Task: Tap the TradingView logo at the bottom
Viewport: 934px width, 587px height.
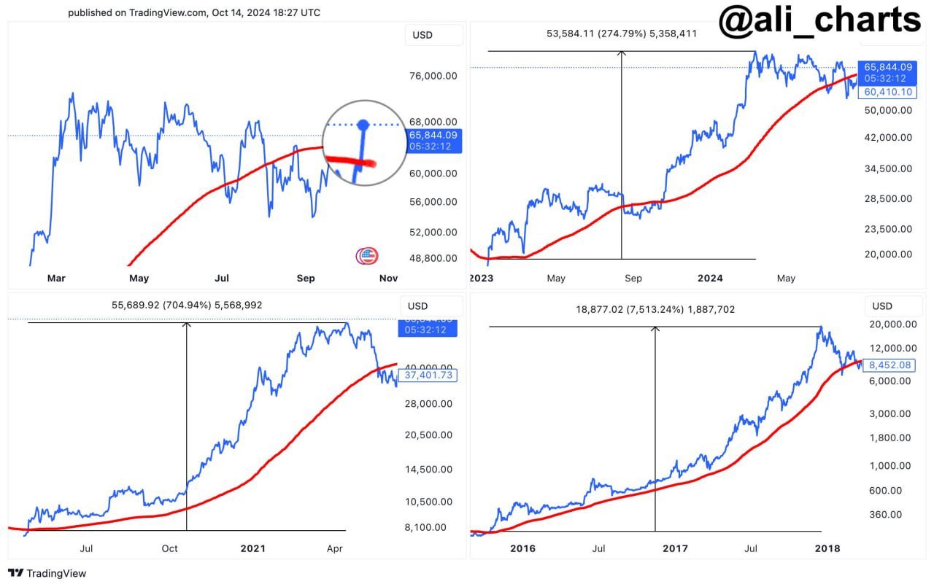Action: (x=47, y=573)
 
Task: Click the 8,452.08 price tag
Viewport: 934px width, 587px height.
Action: (x=887, y=365)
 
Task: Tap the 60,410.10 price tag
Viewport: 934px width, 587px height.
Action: (x=887, y=92)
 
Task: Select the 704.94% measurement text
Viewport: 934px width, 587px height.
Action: (x=187, y=306)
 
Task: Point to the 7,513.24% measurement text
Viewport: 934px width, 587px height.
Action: (x=655, y=309)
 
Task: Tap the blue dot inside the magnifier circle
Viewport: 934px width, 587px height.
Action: (x=366, y=125)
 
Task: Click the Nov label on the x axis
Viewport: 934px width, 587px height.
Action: (x=389, y=278)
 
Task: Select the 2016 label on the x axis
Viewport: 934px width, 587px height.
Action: (x=522, y=548)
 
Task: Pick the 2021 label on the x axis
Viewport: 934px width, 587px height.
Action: (x=253, y=548)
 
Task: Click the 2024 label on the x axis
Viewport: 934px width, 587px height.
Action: (x=710, y=278)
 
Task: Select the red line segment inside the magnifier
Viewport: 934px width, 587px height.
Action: (x=350, y=161)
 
